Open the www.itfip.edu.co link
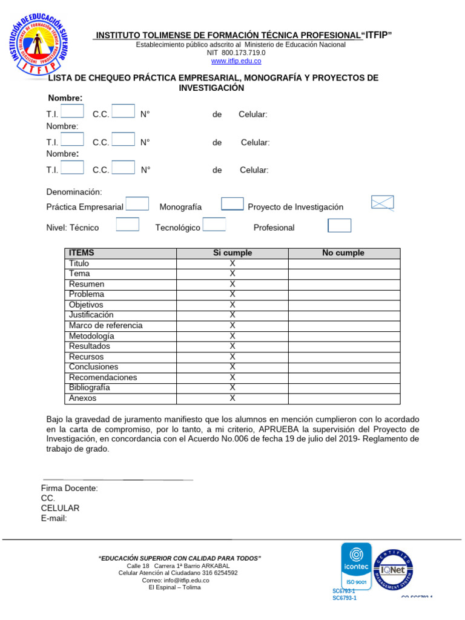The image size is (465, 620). pos(236,61)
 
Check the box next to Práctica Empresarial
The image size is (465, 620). pos(137,204)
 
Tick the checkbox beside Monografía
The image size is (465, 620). pos(232,205)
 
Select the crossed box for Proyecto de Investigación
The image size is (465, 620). pos(382,202)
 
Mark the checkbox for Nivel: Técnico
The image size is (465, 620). pos(127,225)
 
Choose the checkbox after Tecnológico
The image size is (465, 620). pos(214,225)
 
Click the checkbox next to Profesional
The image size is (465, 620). pos(339,226)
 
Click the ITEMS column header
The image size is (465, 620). pos(82,253)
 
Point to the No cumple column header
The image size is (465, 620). pos(343,253)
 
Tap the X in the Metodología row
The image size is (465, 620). pos(232,336)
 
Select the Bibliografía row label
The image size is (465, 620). pos(90,387)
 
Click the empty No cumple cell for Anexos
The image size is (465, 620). pos(343,398)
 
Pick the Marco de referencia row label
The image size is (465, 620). pos(105,326)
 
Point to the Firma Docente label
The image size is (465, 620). pos(69,488)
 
